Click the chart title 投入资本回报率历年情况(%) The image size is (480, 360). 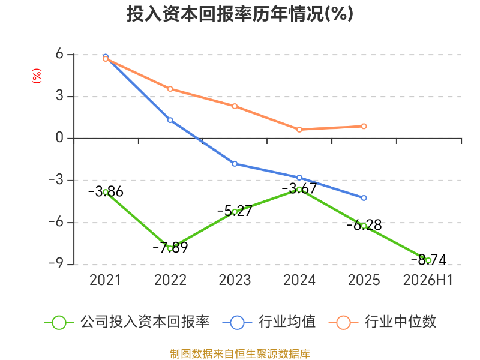240,14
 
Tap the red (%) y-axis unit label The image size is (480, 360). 37,76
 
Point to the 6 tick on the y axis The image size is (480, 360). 59,54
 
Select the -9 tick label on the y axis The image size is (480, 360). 56,264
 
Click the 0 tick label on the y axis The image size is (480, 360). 59,138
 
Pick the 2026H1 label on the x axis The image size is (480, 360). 428,280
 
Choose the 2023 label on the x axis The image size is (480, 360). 235,280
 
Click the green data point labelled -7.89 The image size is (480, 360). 170,248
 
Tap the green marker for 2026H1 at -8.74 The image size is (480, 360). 428,260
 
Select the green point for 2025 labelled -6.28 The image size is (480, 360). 364,226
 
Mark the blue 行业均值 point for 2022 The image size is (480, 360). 170,120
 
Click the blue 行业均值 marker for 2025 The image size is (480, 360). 364,198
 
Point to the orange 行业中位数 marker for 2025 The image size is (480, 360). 364,126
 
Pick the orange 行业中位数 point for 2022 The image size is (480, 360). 170,89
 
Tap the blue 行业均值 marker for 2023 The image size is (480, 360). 235,164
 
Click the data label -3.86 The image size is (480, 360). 106,191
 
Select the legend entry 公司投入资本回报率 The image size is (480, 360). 127,322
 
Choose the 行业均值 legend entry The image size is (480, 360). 269,322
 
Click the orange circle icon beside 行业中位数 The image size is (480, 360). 343,323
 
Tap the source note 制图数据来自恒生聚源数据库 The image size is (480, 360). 240,354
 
